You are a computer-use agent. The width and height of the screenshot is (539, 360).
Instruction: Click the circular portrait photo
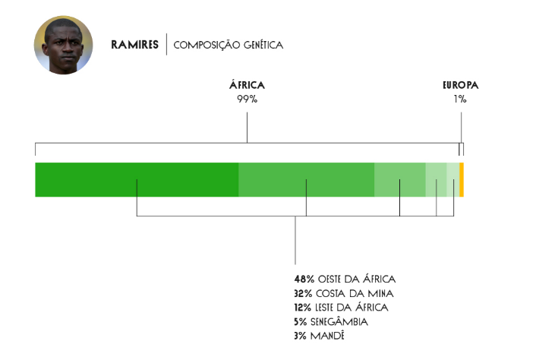(63, 45)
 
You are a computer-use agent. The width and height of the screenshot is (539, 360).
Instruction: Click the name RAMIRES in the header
(135, 45)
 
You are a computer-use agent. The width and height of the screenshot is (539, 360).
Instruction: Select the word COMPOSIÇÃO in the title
(206, 45)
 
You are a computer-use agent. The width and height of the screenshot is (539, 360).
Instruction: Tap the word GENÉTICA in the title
(263, 45)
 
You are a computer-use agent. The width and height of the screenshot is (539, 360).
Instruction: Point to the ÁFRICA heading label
(247, 84)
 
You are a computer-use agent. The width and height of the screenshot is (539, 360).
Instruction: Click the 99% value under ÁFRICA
(247, 99)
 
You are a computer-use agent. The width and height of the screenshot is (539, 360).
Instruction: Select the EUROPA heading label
(460, 85)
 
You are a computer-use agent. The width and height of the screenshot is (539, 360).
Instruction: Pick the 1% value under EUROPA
(460, 99)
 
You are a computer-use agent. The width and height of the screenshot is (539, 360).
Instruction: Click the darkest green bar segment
(137, 180)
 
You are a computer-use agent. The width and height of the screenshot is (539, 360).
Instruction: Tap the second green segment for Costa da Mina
(306, 180)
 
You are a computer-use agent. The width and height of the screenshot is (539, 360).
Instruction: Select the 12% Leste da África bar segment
(400, 180)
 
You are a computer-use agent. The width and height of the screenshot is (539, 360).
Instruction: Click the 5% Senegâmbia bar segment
(436, 180)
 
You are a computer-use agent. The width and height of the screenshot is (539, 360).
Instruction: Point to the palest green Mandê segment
(452, 180)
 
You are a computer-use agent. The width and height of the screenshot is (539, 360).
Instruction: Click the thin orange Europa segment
(462, 180)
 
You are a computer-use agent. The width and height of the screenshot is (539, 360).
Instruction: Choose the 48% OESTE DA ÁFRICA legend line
(345, 279)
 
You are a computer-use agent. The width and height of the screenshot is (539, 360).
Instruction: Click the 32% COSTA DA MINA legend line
(344, 293)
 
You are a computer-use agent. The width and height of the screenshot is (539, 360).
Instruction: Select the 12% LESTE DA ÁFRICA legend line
(342, 307)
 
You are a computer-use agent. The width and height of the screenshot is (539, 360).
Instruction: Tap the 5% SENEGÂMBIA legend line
(331, 321)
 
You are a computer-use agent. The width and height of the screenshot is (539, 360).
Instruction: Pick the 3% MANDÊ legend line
(320, 336)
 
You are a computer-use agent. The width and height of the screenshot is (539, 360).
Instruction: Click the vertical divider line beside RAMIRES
(167, 44)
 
